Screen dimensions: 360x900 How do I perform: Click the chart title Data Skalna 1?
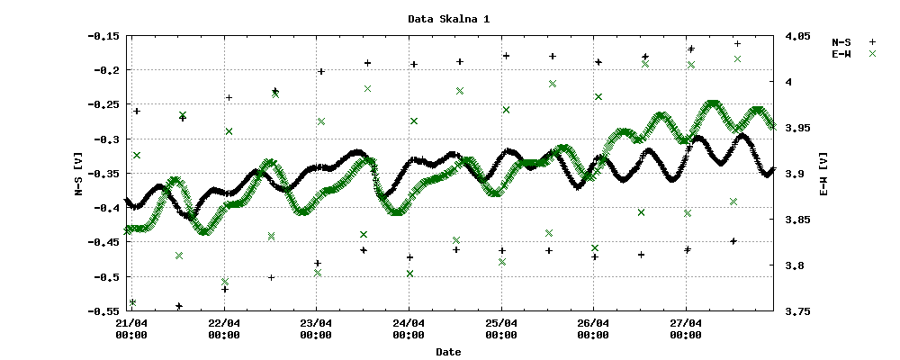[449, 18]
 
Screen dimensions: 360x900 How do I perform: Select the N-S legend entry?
[843, 41]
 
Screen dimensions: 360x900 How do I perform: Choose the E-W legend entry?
[843, 54]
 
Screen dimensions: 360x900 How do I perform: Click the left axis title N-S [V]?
[79, 174]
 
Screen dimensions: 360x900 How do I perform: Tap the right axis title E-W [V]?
[823, 174]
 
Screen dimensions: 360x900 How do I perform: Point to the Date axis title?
[448, 352]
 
